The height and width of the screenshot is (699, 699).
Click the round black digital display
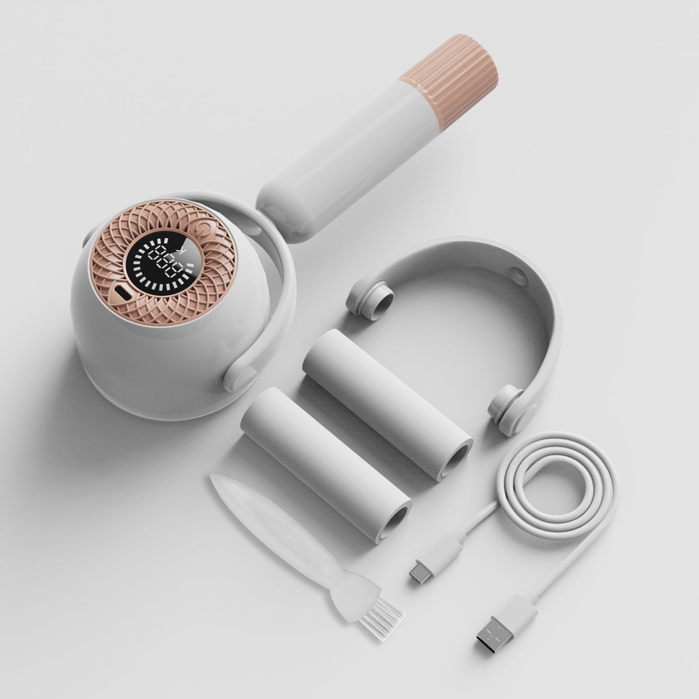coord(158,263)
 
